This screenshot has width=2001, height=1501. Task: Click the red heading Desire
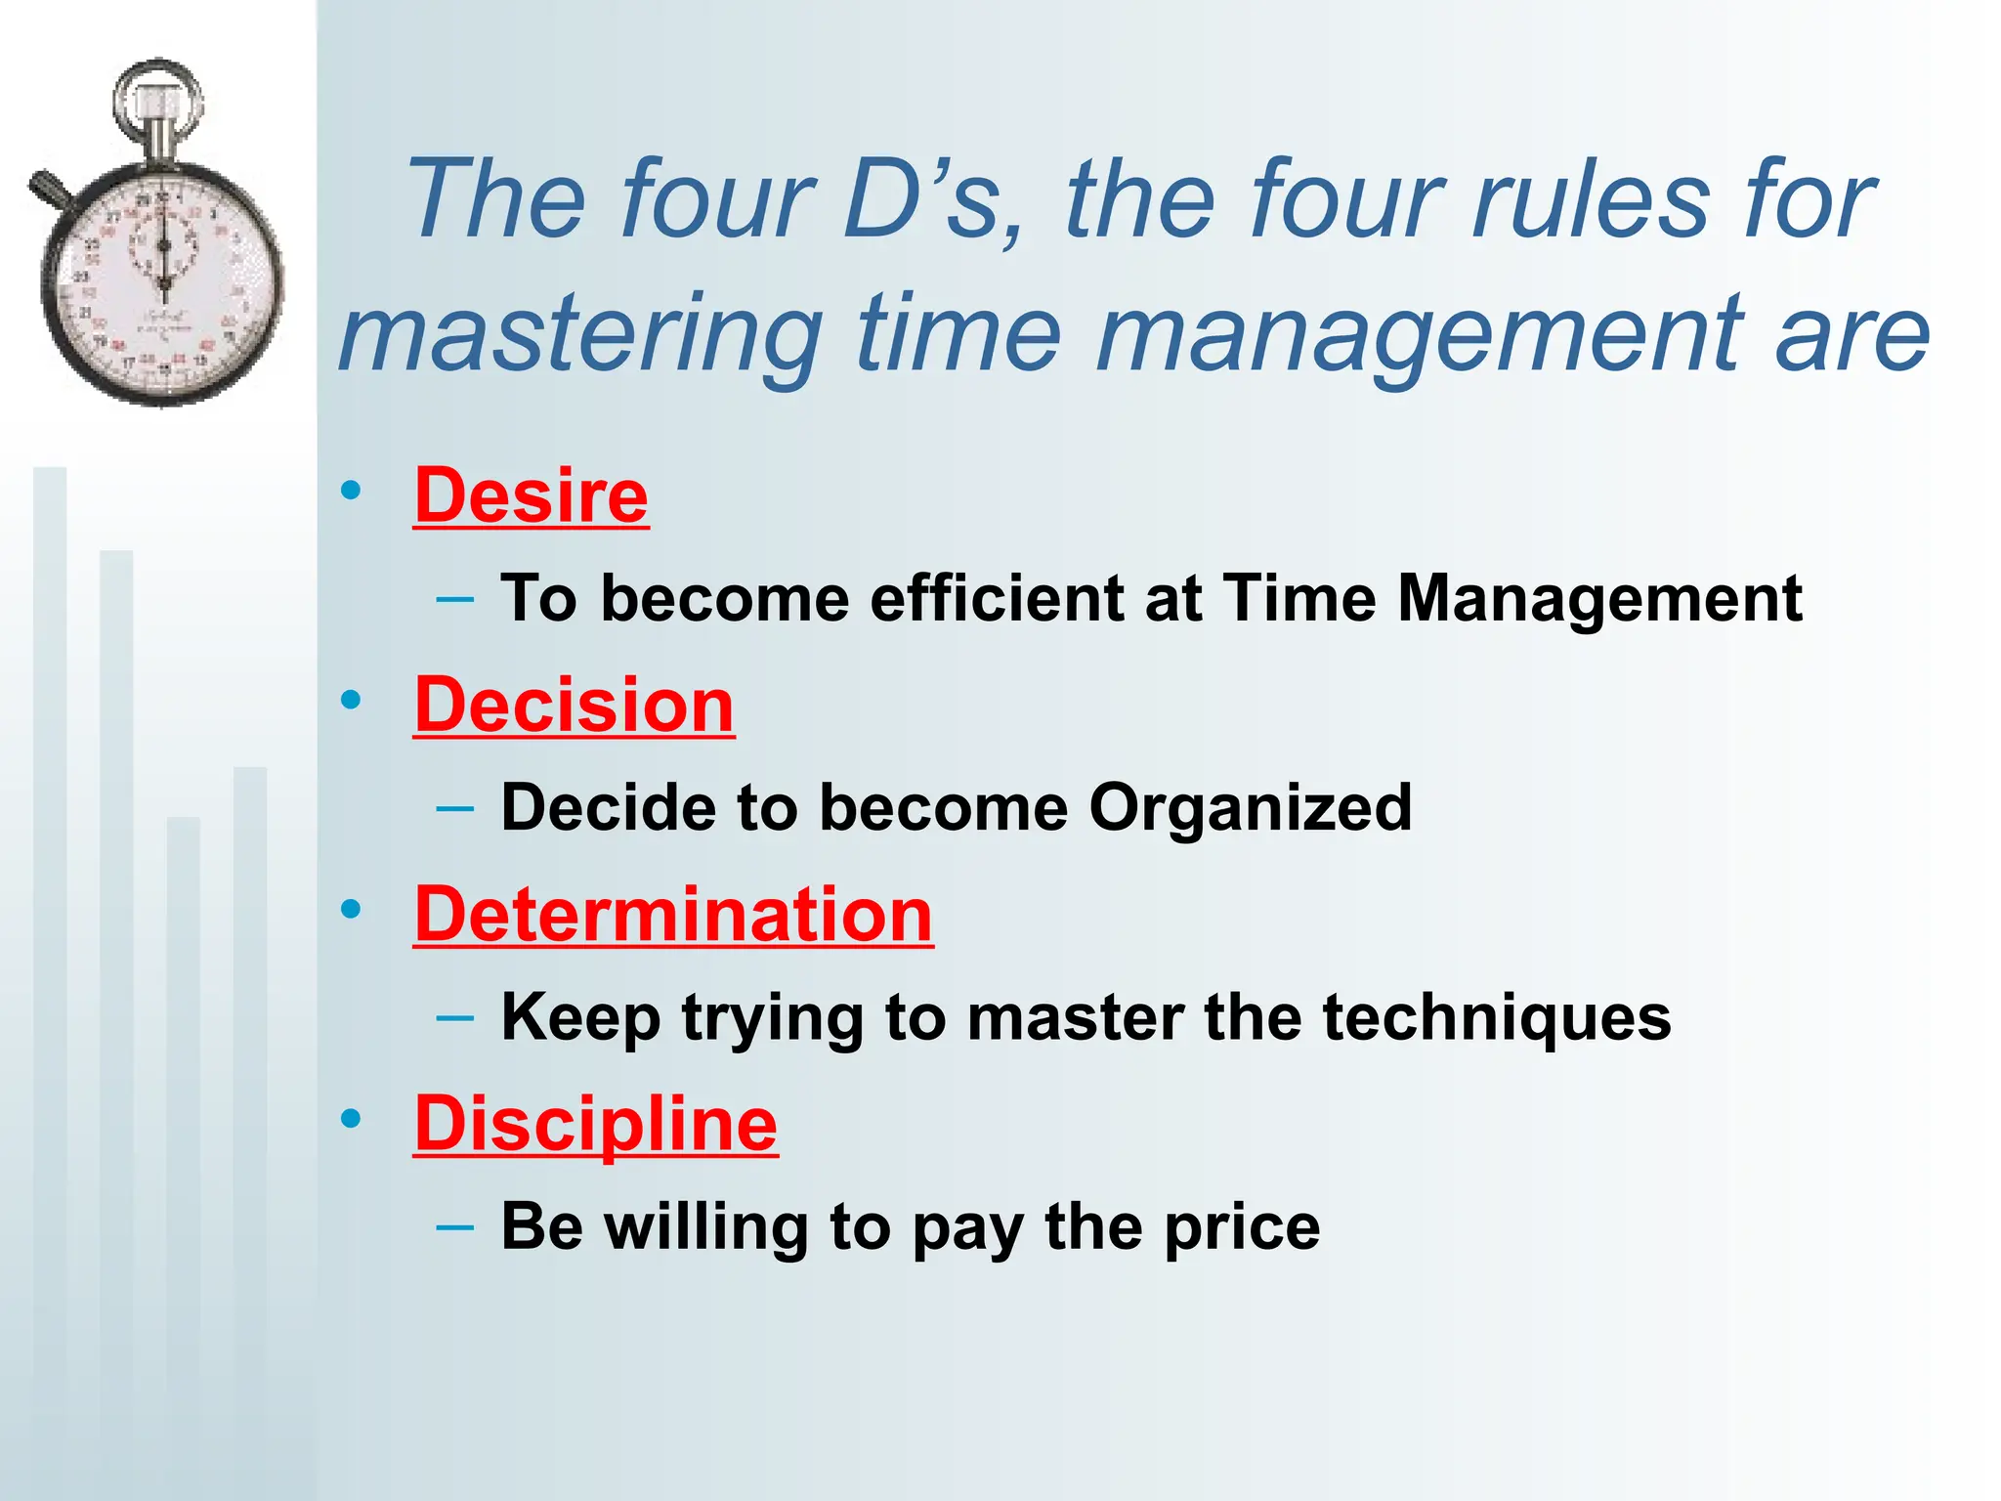tap(531, 496)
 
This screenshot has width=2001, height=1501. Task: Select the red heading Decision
tap(574, 706)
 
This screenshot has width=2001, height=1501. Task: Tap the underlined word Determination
tap(673, 915)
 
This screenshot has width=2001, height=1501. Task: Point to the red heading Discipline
tap(595, 1124)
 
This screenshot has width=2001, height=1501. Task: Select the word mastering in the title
tap(580, 334)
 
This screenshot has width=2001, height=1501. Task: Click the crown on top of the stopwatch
tap(157, 103)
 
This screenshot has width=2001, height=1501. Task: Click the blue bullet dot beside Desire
tap(351, 491)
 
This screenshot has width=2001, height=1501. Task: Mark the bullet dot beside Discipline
tap(351, 1118)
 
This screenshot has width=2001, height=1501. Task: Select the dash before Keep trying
tap(455, 1017)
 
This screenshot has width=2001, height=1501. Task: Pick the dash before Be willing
tap(455, 1226)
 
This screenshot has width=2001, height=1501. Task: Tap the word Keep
tap(580, 1018)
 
